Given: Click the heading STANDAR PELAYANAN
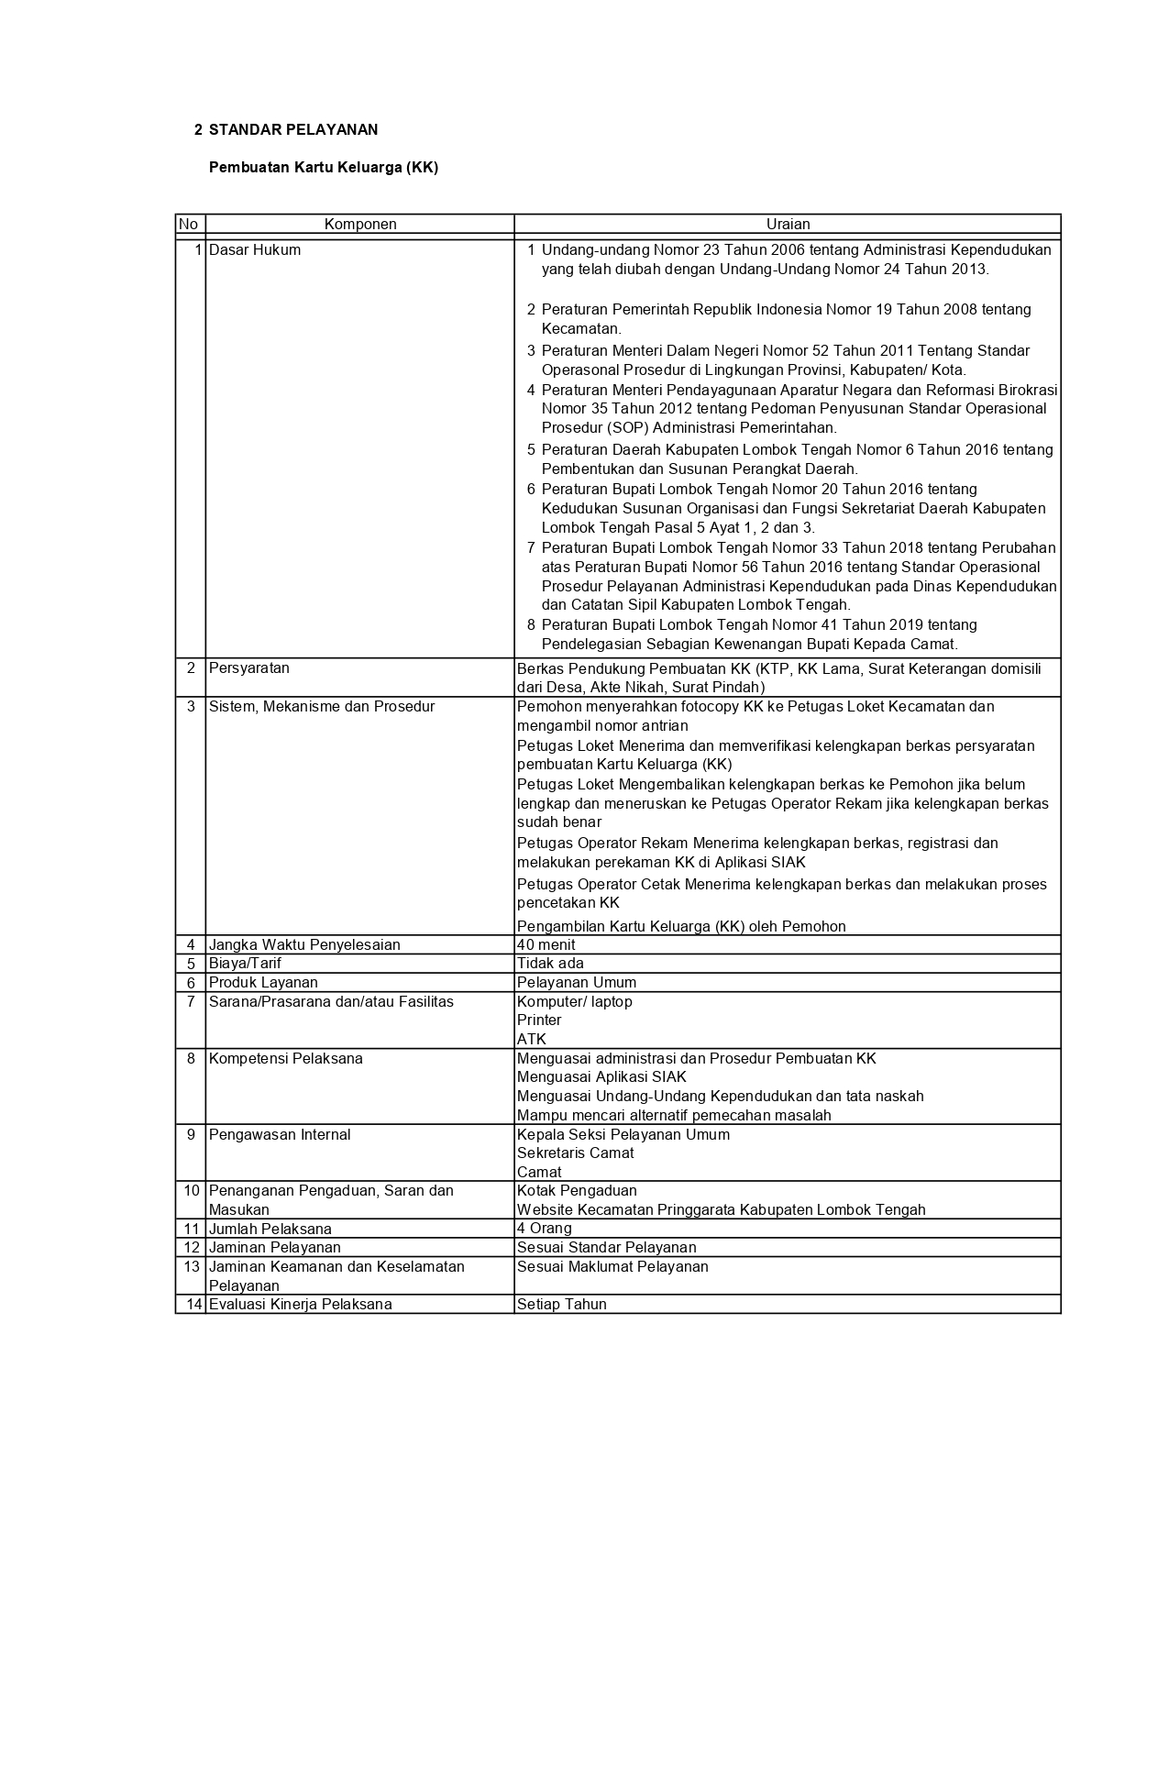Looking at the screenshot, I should click(x=292, y=130).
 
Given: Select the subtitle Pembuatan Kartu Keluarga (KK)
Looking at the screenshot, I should click(x=324, y=168).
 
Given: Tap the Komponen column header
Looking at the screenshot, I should click(x=359, y=225).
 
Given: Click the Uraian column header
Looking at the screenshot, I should click(x=788, y=225).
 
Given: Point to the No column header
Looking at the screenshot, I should click(x=189, y=225).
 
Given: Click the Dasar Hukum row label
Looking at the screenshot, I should click(x=255, y=250).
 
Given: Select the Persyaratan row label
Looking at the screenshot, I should click(x=249, y=668).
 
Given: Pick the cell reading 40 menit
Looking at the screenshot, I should click(x=546, y=945).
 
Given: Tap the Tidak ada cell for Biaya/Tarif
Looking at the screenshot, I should click(x=550, y=964).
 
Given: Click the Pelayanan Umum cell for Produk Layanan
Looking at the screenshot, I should click(x=577, y=983).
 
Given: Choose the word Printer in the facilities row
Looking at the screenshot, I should click(x=539, y=1020).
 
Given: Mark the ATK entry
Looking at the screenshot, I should click(x=532, y=1040).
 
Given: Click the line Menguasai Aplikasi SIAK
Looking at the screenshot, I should click(x=601, y=1077).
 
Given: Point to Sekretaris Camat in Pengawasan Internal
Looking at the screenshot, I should click(x=576, y=1153).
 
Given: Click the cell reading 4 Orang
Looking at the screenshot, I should click(x=545, y=1229).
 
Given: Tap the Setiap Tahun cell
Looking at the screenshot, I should click(x=562, y=1305).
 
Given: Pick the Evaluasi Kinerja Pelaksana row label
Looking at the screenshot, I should click(x=301, y=1305).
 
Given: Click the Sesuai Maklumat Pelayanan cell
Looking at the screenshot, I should click(x=612, y=1267).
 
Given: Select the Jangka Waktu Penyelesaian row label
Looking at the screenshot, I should click(x=304, y=945).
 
